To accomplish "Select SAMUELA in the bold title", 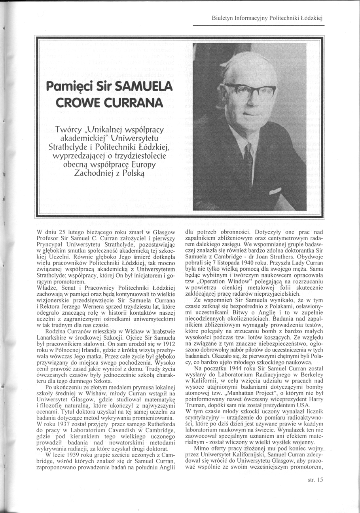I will (136, 86).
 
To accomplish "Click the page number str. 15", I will (315, 480).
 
